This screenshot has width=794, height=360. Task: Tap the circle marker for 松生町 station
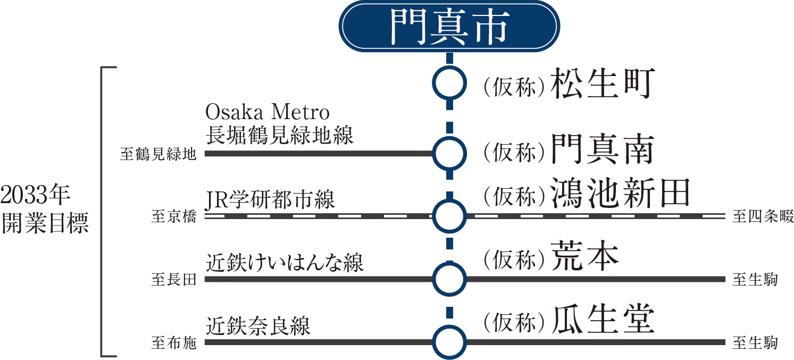point(449,82)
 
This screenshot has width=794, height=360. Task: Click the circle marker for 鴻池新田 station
point(449,216)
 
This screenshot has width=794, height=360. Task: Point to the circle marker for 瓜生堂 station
point(449,341)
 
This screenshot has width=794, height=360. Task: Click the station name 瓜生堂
point(601,320)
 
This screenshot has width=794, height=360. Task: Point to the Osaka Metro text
point(268,113)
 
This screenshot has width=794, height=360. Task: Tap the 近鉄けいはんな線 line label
point(285,263)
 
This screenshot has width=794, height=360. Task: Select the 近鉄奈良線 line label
point(258,325)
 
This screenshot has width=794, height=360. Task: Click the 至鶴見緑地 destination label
point(158,155)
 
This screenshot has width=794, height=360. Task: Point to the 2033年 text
point(36,196)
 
